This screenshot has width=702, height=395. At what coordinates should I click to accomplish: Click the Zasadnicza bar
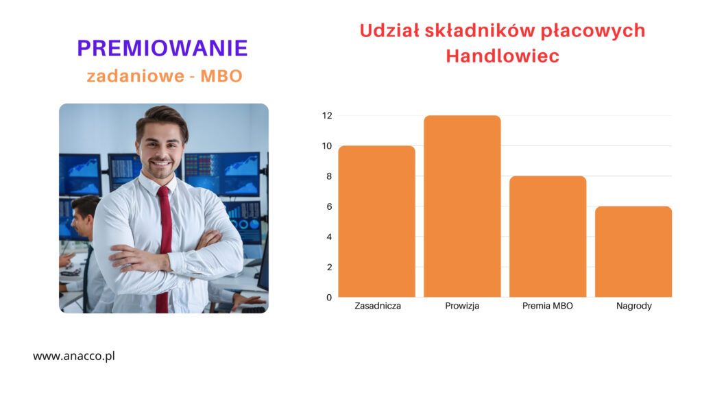(376, 222)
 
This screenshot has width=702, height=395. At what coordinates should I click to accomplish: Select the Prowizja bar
(462, 206)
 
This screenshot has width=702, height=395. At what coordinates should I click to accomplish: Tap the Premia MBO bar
(548, 237)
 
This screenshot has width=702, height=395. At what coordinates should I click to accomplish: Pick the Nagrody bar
(633, 252)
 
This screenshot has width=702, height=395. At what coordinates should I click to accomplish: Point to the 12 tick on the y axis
(327, 115)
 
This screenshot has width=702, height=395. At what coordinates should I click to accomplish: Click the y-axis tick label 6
(329, 206)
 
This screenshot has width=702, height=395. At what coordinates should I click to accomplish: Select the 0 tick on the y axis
(329, 298)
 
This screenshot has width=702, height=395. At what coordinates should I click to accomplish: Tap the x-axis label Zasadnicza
(378, 306)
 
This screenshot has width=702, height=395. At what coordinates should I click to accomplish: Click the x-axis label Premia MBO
(548, 306)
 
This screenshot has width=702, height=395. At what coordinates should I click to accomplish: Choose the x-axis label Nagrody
(634, 307)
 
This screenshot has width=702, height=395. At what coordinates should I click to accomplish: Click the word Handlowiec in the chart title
(503, 56)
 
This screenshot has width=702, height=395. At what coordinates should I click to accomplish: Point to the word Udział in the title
(389, 30)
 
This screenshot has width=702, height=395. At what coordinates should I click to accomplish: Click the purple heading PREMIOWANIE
(162, 48)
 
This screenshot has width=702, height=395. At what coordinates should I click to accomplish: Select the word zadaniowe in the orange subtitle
(135, 75)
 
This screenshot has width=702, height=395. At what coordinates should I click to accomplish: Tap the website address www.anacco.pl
(74, 356)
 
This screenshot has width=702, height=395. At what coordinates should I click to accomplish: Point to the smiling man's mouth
(161, 163)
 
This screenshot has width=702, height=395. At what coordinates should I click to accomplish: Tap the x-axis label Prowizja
(462, 306)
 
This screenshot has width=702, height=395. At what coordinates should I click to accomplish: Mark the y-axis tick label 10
(327, 146)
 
